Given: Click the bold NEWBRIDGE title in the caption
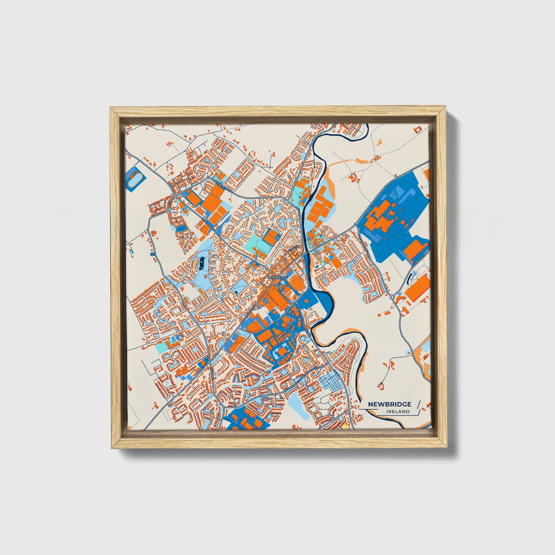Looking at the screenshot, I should click(389, 404).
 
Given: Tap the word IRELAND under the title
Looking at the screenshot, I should click(398, 411).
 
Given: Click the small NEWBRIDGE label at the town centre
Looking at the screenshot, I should click(277, 277).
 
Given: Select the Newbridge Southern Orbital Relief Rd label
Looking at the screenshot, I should click(305, 376).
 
